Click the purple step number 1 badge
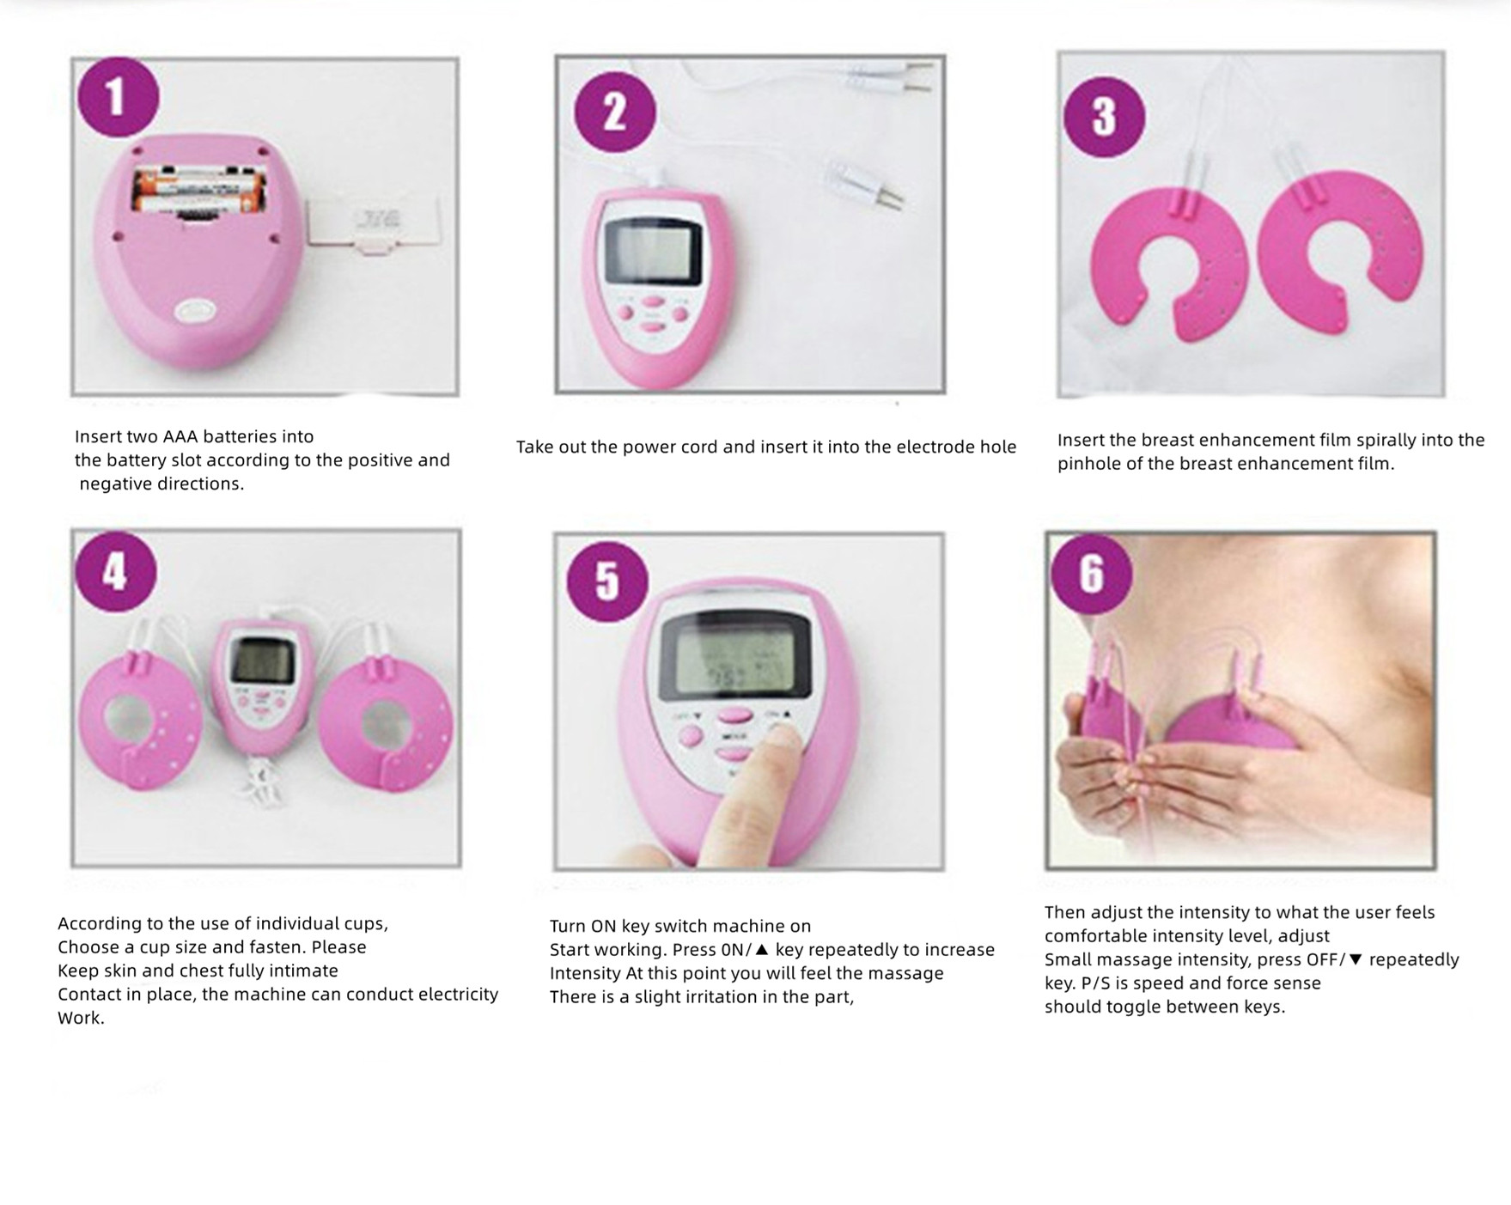118,97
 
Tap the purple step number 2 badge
614,113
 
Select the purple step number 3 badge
1104,117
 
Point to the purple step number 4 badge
116,571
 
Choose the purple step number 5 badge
607,581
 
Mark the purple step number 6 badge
1091,573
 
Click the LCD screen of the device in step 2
654,250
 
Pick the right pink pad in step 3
1340,249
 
